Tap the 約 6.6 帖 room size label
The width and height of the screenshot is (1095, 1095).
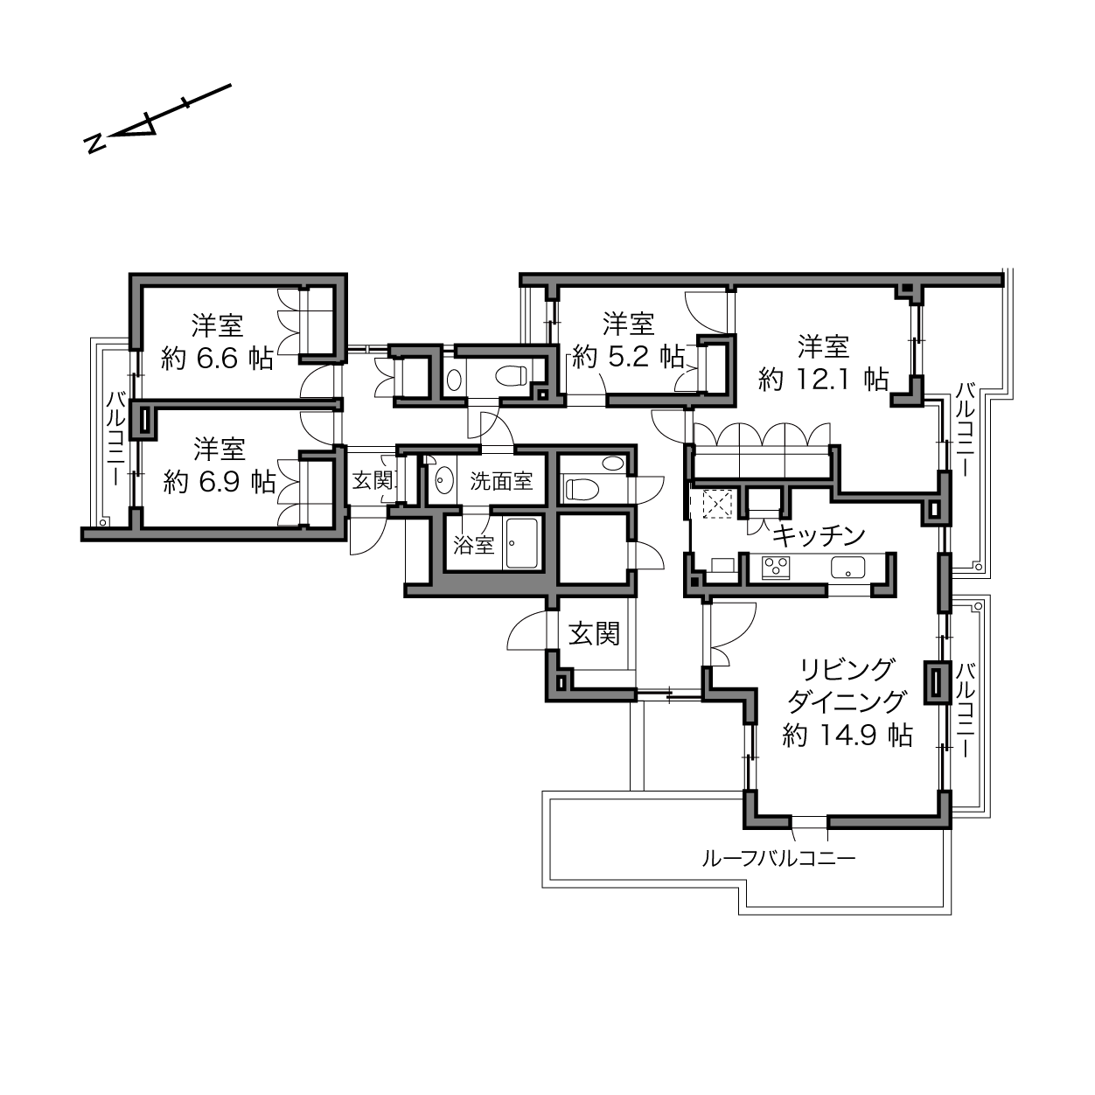[x=218, y=359]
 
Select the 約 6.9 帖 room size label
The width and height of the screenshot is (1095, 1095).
[x=220, y=482]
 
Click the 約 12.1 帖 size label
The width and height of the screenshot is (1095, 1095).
[x=823, y=379]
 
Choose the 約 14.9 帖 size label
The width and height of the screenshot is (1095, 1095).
[x=847, y=735]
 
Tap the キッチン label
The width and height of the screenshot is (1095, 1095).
[x=819, y=535]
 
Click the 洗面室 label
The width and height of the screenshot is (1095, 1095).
[x=501, y=481]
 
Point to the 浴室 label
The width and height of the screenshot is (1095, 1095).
[x=474, y=545]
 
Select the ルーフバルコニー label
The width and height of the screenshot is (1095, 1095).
[x=778, y=857]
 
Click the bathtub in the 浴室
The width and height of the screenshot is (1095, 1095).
[x=521, y=543]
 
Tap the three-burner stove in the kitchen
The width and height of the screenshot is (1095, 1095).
[x=777, y=568]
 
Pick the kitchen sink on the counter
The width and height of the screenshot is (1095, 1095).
[x=847, y=567]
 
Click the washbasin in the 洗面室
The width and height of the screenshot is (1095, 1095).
[x=443, y=481]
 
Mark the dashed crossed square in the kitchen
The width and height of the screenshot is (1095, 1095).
[x=718, y=504]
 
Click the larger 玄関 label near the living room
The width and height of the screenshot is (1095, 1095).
[x=594, y=633]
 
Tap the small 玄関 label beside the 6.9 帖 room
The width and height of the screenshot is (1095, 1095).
[x=373, y=481]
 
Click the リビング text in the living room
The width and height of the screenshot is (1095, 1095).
[x=847, y=669]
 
